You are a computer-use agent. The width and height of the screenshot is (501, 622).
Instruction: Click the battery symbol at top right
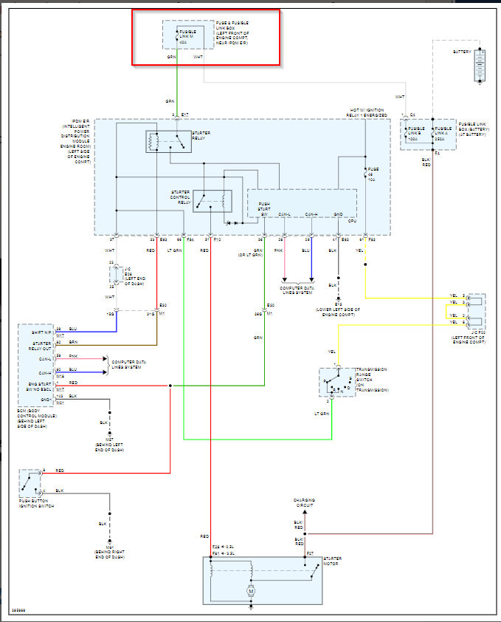pyautogui.click(x=480, y=66)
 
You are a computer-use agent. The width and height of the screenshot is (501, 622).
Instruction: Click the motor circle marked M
pyautogui.click(x=251, y=591)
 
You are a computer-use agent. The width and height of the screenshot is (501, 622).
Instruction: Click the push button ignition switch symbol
pyautogui.click(x=29, y=482)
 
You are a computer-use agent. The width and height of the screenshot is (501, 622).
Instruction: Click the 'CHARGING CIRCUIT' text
pyautogui.click(x=305, y=503)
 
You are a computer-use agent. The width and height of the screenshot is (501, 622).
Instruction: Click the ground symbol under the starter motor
pyautogui.click(x=251, y=607)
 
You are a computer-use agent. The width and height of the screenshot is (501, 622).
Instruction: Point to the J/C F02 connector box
pyautogui.click(x=477, y=311)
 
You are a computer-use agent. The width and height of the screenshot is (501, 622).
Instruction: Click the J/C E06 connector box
pyautogui.click(x=116, y=275)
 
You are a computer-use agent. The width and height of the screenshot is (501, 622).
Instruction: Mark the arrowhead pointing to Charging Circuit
pyautogui.click(x=305, y=511)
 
